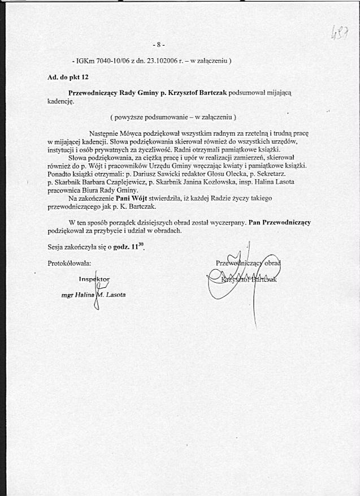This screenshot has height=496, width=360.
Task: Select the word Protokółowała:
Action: coord(70,263)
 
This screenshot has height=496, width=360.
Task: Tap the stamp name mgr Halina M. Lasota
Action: coord(93,295)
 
